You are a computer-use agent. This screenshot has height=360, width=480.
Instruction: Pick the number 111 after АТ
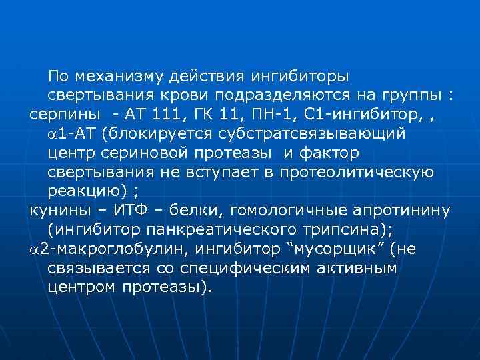tap(169, 114)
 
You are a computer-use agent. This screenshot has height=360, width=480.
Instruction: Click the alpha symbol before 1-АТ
tap(53, 133)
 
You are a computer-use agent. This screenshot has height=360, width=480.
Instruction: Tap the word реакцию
tap(85, 191)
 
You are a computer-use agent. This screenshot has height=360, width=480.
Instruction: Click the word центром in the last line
tap(83, 289)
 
